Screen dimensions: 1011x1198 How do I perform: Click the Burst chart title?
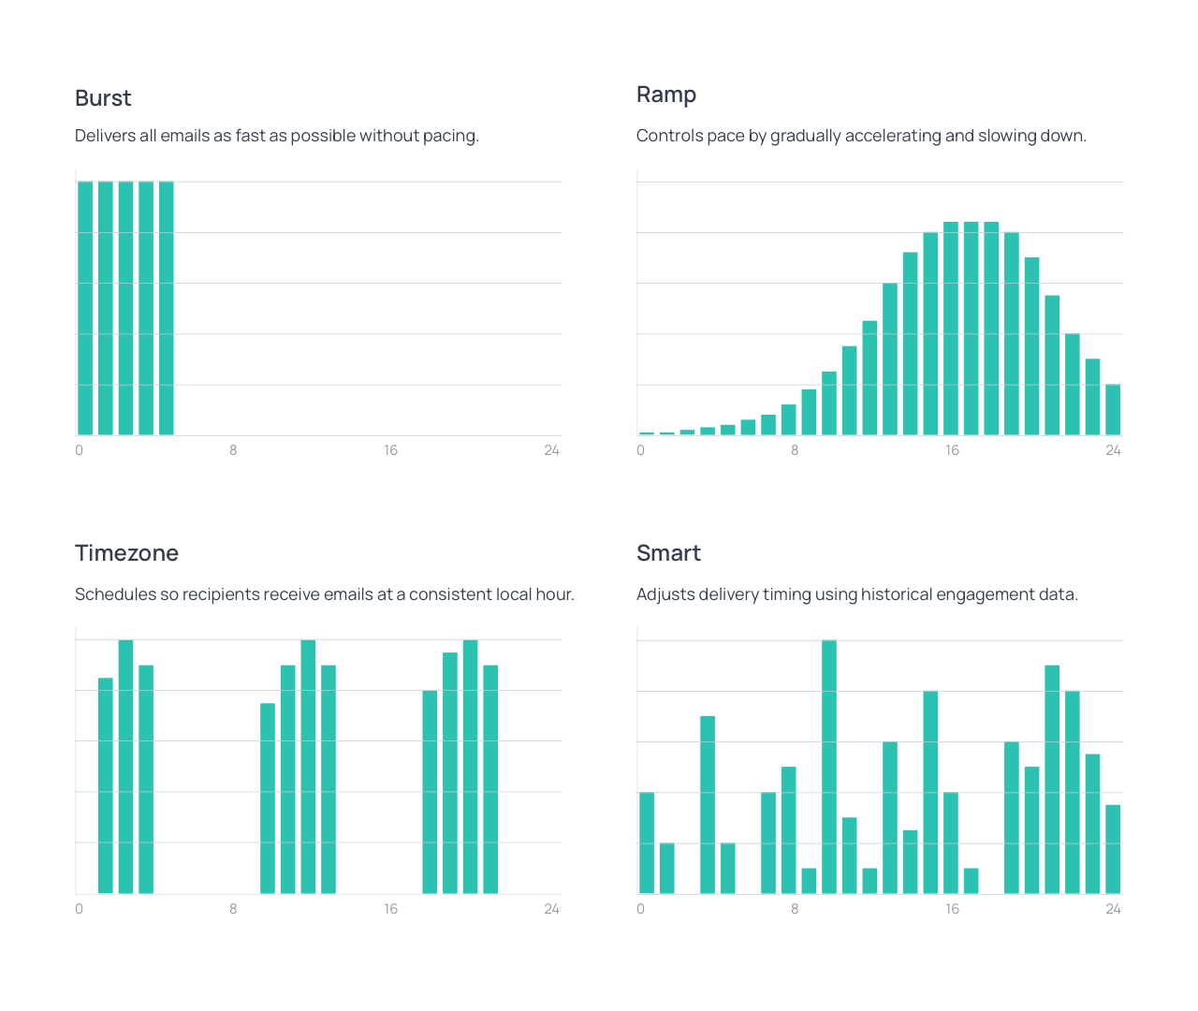[103, 98]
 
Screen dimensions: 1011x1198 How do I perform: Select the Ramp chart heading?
[666, 95]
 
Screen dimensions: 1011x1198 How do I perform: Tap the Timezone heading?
[126, 553]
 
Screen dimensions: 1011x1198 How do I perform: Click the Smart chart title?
[668, 553]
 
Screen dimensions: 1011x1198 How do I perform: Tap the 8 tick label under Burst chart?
[233, 450]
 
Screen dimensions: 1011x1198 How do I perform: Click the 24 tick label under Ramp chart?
[1113, 450]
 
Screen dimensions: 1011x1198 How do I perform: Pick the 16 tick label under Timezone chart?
[390, 909]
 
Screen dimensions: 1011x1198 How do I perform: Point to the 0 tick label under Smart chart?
[640, 909]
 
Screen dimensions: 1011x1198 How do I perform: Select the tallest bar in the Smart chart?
[829, 768]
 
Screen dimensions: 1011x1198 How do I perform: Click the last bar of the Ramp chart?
[1113, 410]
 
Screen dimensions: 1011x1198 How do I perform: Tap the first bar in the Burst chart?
[85, 309]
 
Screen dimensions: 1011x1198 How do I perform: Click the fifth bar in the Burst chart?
[167, 309]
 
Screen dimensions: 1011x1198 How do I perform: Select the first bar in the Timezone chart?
[106, 786]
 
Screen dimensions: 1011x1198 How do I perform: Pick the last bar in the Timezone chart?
[490, 779]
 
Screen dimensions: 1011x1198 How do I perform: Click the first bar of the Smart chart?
[647, 842]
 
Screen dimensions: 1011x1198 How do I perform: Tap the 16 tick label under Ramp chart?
[952, 450]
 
